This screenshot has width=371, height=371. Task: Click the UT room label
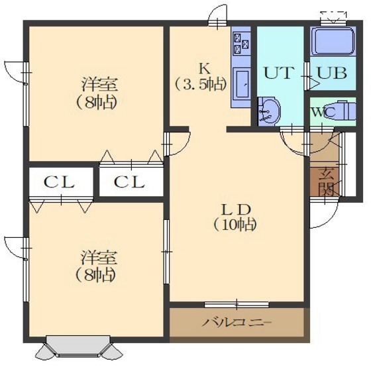click(279, 73)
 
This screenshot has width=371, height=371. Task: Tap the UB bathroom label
click(332, 73)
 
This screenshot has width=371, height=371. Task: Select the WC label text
click(323, 112)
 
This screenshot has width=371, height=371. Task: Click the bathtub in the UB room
click(333, 42)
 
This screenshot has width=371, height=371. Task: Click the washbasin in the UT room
click(269, 111)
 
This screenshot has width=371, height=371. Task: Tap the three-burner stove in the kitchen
click(241, 43)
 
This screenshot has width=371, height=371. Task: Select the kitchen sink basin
click(241, 83)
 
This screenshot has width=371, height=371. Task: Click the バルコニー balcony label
click(237, 322)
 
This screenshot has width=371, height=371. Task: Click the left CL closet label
click(59, 182)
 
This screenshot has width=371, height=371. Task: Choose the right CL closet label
click(129, 182)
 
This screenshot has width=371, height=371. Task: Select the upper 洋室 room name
click(99, 85)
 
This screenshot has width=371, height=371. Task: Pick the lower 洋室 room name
click(99, 258)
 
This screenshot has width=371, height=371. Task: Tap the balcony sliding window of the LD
click(237, 305)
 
